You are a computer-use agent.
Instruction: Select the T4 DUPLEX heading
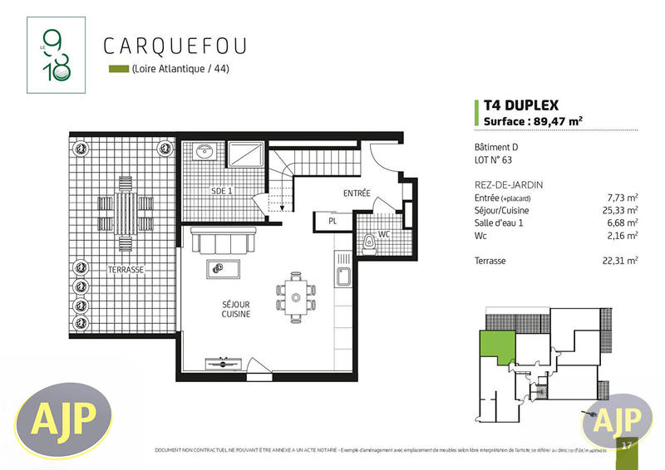(x=521, y=105)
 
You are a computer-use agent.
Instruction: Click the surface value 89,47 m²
(x=559, y=121)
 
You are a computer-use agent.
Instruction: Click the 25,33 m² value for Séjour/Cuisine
(x=623, y=210)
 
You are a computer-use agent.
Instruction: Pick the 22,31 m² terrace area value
(x=623, y=261)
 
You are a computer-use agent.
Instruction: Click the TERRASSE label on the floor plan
(x=126, y=270)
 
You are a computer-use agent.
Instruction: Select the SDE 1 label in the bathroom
(x=222, y=191)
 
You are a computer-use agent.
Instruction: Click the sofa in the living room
(x=223, y=242)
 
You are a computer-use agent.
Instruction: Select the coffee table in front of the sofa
(x=222, y=268)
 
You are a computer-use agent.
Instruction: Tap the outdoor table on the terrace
(x=125, y=204)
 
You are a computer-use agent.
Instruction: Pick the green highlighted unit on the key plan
(x=494, y=344)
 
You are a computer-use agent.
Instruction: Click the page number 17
(x=625, y=445)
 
